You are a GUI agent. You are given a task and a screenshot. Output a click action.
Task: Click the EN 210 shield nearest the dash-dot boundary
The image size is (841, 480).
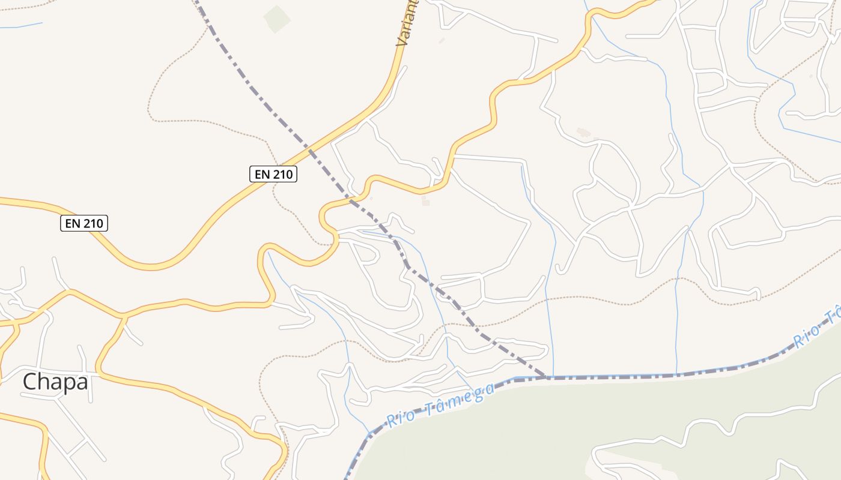(x=273, y=174)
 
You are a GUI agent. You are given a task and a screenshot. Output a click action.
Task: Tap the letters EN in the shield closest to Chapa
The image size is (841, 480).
(x=73, y=224)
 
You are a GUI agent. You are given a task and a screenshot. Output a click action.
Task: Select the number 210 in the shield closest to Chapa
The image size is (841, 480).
(x=93, y=224)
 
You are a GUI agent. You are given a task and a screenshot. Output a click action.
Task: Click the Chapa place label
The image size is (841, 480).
(x=55, y=382)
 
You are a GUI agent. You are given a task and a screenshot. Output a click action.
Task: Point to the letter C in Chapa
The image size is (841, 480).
(x=29, y=382)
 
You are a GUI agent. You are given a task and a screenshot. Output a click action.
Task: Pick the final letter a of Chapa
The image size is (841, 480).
(x=82, y=382)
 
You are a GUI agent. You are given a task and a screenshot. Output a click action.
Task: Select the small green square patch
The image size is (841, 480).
(x=277, y=19)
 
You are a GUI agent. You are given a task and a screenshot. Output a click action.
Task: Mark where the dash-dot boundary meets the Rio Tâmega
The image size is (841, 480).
(x=545, y=377)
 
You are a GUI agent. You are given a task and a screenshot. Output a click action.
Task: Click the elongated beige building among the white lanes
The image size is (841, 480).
(x=582, y=133)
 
